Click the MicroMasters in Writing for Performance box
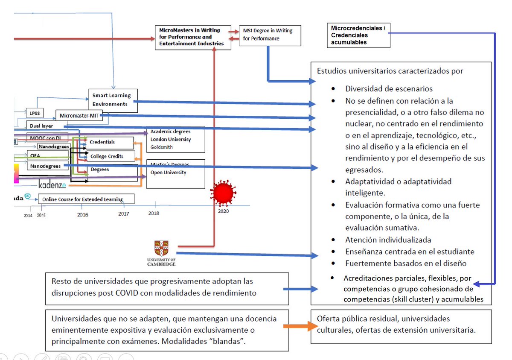pos(192,37)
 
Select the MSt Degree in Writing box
pos(270,35)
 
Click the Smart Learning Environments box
pos(113,100)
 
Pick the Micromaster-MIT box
pos(79,115)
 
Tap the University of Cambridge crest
pos(161,249)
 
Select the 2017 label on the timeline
pos(124,214)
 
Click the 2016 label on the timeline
pos(83,214)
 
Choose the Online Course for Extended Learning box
pos(86,199)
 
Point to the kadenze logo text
pos(52,185)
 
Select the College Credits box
pos(110,156)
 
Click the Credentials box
pos(110,142)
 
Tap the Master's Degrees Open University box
pos(175,173)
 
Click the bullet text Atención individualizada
pos(388,240)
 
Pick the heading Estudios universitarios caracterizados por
pos(390,71)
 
